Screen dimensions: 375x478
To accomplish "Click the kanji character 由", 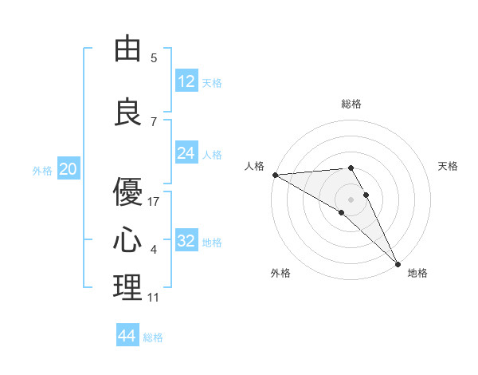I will [x=127, y=49].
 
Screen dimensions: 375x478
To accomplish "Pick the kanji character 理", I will [x=127, y=288].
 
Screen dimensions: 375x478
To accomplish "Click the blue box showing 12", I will [x=186, y=81].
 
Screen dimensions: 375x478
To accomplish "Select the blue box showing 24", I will [x=186, y=153].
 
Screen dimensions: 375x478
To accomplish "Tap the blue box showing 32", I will [x=186, y=241].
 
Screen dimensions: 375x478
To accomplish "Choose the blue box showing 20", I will [x=69, y=169].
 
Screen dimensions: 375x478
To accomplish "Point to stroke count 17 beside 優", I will [x=154, y=202].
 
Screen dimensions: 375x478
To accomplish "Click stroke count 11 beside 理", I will [x=154, y=298].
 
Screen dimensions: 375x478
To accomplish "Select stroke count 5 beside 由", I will [x=154, y=58].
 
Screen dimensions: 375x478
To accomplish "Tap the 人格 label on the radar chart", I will [x=254, y=166].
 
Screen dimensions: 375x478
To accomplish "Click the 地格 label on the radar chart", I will [x=417, y=273].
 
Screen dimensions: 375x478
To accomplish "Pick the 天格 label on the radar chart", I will [x=448, y=166].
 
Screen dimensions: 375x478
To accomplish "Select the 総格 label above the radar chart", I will [x=351, y=104].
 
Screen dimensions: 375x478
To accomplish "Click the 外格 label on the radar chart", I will [x=280, y=273].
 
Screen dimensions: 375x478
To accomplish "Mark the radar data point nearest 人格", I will [x=275, y=175].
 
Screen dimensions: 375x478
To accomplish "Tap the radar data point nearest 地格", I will [x=398, y=263].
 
